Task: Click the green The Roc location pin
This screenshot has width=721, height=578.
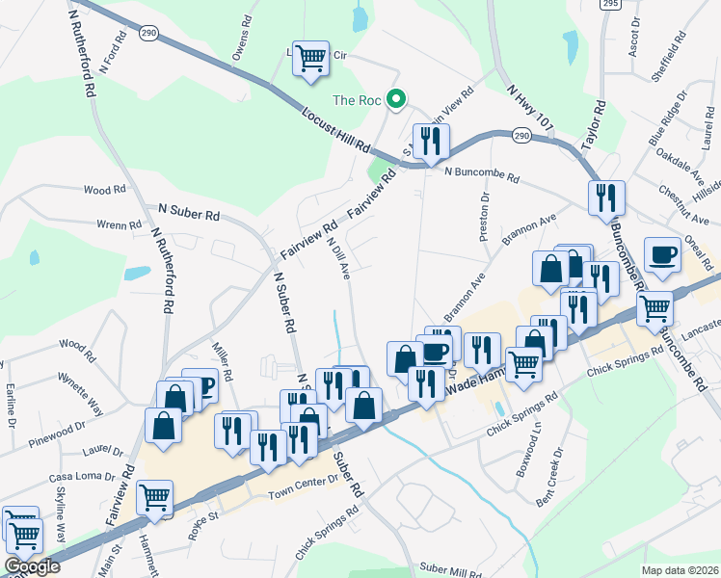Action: click(395, 98)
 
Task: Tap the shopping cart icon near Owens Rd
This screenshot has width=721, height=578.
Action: click(310, 59)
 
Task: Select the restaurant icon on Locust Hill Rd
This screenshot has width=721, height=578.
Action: click(431, 142)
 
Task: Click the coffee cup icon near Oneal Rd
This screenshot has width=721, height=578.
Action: click(662, 254)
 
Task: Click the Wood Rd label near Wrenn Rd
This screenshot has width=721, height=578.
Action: click(104, 191)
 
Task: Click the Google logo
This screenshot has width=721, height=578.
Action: click(33, 567)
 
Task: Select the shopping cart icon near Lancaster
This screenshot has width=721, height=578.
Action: click(654, 308)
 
